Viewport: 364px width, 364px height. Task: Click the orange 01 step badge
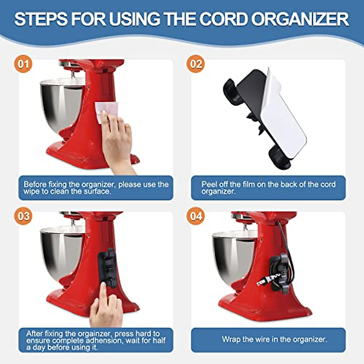23,64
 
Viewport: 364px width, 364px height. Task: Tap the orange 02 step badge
196,64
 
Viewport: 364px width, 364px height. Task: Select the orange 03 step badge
23,216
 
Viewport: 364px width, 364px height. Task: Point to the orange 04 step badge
196,216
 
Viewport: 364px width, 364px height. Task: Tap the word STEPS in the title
41,19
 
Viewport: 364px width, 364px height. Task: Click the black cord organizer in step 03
107,268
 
